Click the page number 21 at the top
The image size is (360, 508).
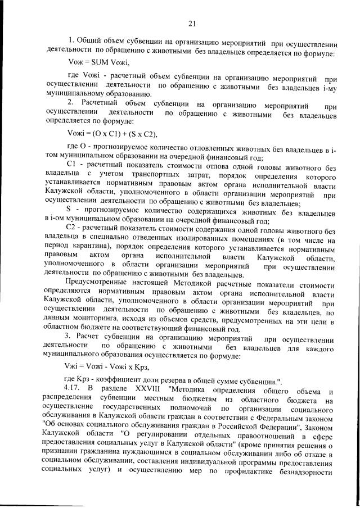click(192, 23)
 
